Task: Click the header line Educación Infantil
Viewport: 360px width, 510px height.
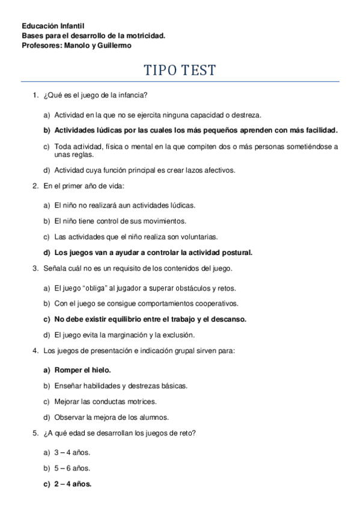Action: (x=53, y=26)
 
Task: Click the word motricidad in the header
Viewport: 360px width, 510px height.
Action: (x=144, y=35)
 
